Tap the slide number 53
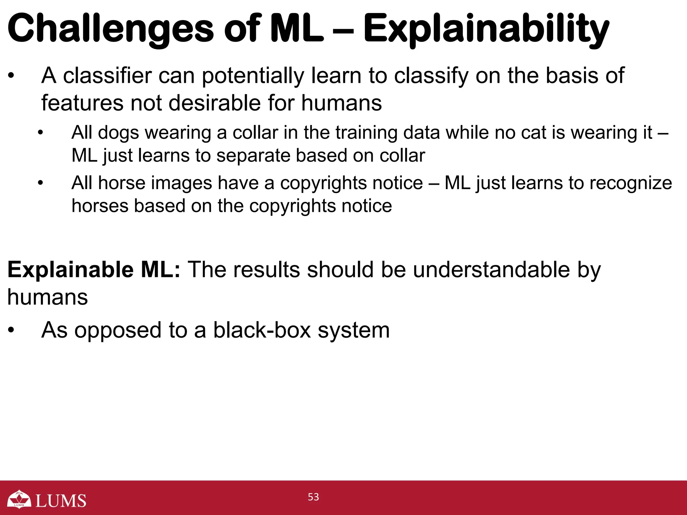313,497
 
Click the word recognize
631,183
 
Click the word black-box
262,330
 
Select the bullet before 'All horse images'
41,183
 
